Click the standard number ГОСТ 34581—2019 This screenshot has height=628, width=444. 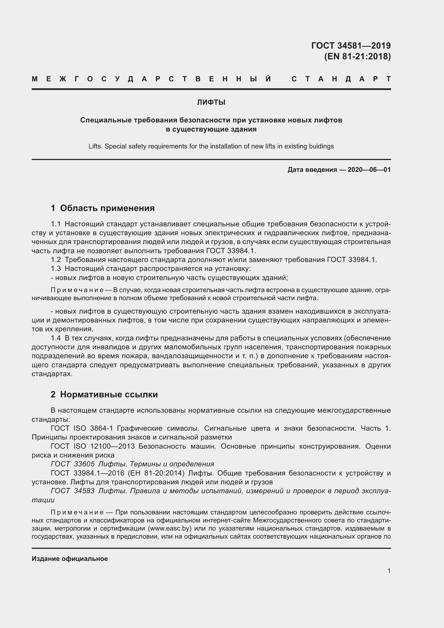click(351, 45)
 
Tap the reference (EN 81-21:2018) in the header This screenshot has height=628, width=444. click(357, 56)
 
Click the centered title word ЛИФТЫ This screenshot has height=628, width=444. click(211, 103)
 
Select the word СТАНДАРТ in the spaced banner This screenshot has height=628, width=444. click(341, 79)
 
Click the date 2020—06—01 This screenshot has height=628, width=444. click(369, 170)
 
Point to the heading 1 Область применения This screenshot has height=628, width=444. click(103, 208)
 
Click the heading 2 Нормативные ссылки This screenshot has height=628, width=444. click(104, 394)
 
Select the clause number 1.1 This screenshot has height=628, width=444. click(56, 224)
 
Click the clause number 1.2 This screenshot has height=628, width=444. click(56, 260)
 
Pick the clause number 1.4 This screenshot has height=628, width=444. click(56, 338)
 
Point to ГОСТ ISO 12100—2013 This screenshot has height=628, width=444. click(92, 446)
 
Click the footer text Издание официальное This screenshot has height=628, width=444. click(70, 558)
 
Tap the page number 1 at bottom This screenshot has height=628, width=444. click(389, 571)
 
